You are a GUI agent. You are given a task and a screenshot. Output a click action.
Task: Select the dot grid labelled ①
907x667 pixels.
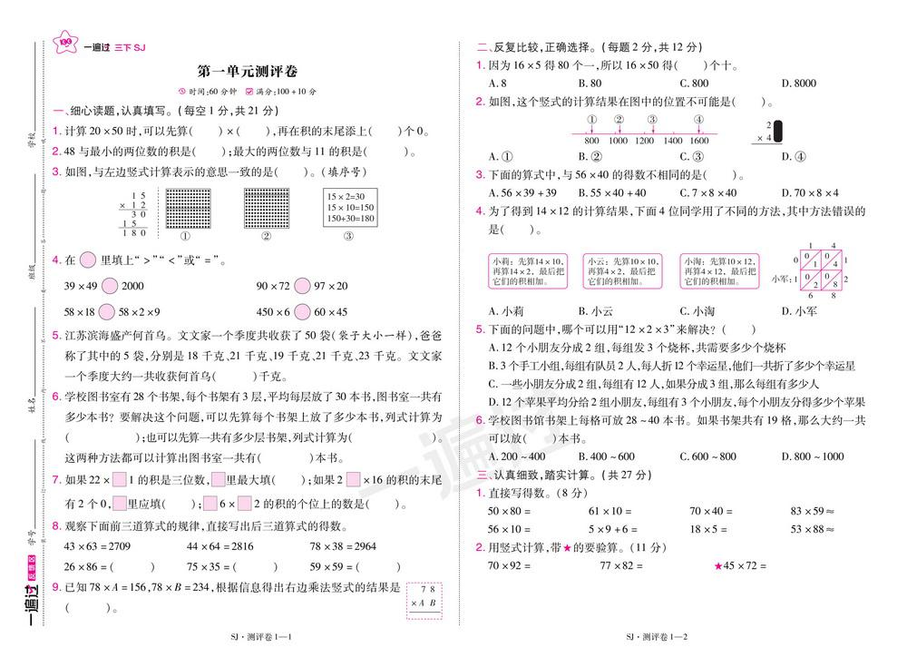[x=187, y=208]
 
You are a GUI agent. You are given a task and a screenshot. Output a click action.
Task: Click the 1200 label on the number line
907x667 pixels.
[x=645, y=141]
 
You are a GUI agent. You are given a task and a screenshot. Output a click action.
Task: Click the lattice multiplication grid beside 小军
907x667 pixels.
[x=821, y=270]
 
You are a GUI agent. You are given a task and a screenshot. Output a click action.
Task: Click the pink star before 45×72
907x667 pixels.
[x=718, y=566]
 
